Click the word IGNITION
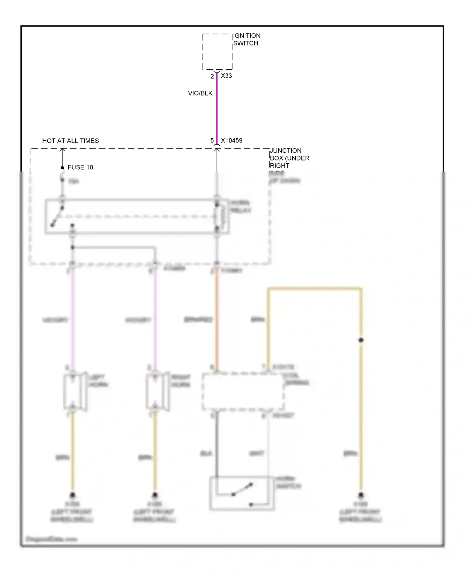(x=247, y=36)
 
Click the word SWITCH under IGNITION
(x=246, y=43)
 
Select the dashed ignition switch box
(x=217, y=52)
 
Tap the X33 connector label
(x=226, y=76)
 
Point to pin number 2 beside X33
(x=212, y=76)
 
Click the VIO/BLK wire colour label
(x=200, y=93)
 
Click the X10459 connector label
(x=232, y=141)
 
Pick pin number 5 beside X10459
(x=212, y=141)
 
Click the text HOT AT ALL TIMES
(x=71, y=141)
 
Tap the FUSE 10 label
(x=80, y=167)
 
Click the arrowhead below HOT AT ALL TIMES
(x=62, y=151)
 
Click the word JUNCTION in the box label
(x=286, y=151)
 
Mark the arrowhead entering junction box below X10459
(x=217, y=151)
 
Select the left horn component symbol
(x=75, y=392)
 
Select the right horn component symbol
(x=157, y=392)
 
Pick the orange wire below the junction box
(x=217, y=318)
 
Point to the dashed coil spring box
(x=243, y=392)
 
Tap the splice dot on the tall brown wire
(x=361, y=340)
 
